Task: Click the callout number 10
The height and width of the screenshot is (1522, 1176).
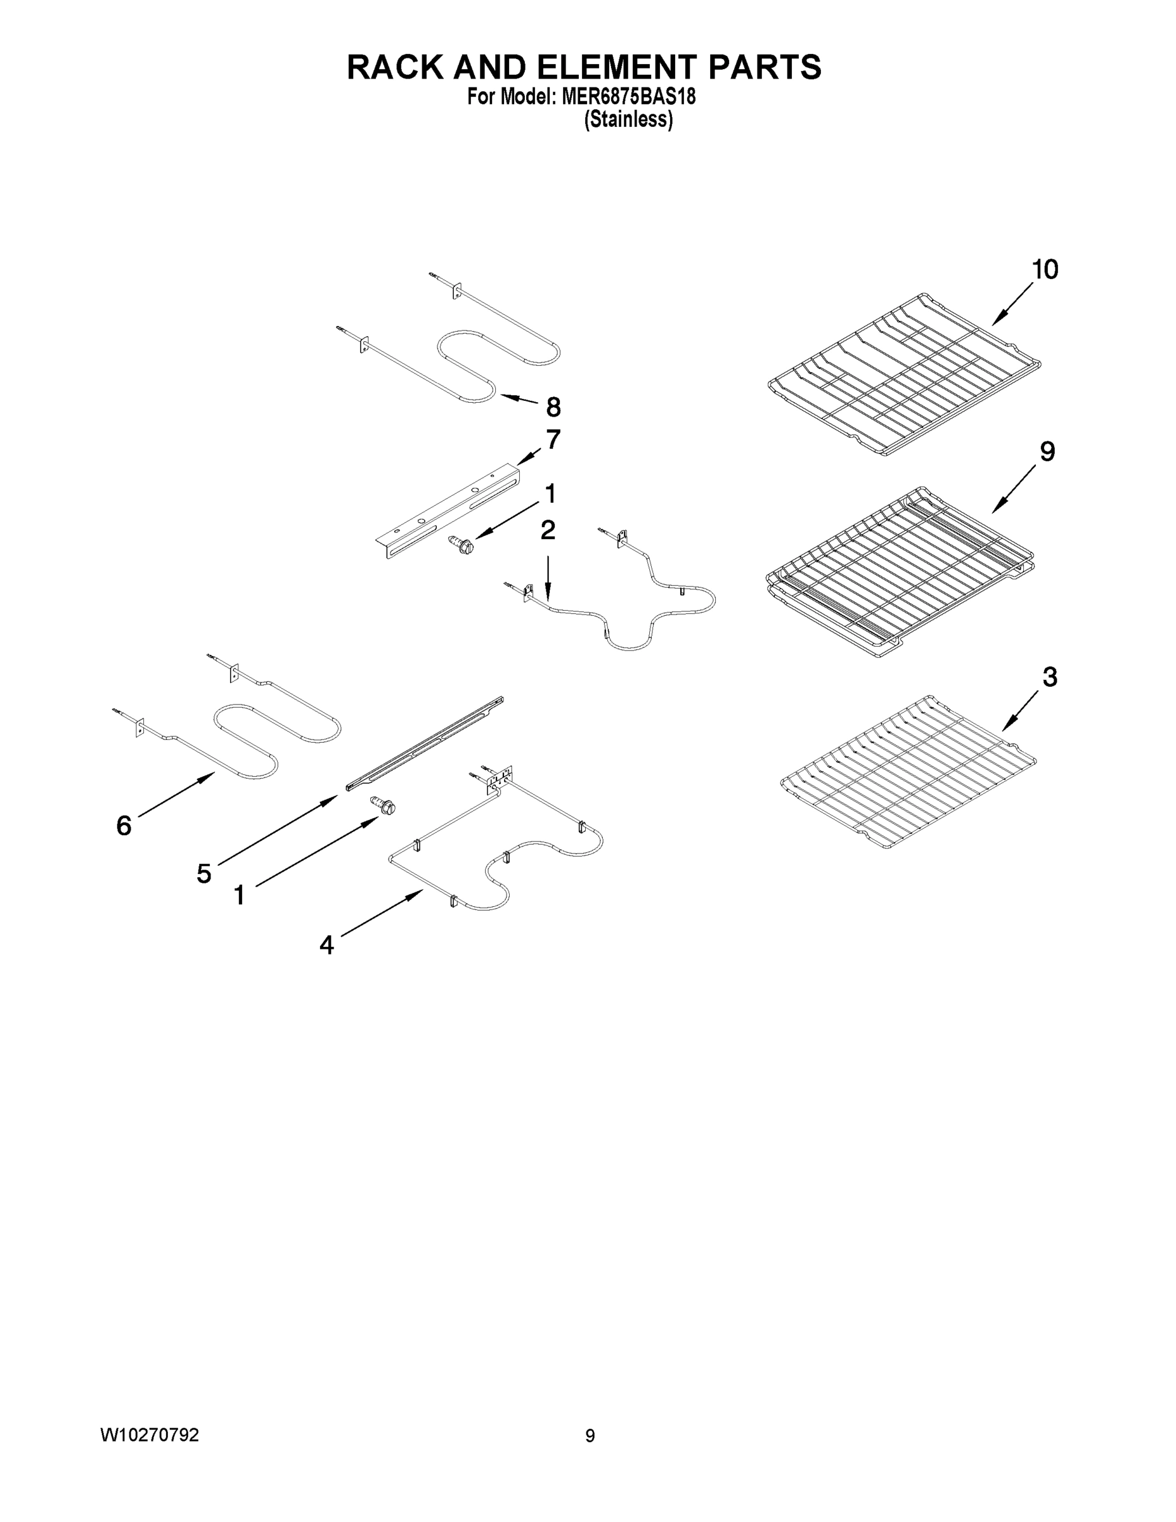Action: [x=1045, y=270]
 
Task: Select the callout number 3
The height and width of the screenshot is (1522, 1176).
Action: [x=1049, y=677]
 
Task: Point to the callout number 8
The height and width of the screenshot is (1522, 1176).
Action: [x=553, y=407]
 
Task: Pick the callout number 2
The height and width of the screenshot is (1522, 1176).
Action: [x=548, y=530]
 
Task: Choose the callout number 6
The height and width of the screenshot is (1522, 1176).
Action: [x=124, y=826]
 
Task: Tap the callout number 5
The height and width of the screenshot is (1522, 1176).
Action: [x=204, y=873]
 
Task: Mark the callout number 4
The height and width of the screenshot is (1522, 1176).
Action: [x=326, y=945]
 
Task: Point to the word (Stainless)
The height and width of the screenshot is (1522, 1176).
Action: [x=628, y=120]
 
